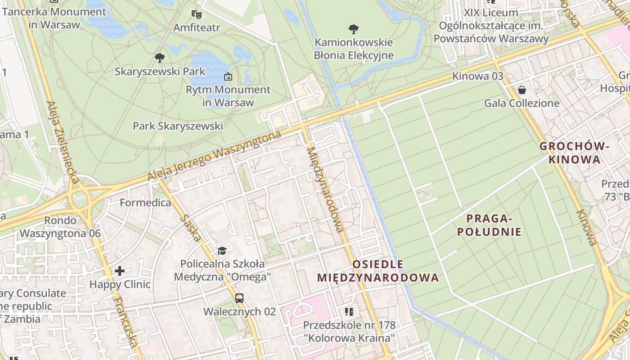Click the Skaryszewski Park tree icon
[x=159, y=58]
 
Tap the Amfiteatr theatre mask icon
[x=196, y=14]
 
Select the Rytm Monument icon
[x=228, y=76]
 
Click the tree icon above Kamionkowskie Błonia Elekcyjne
[x=354, y=29]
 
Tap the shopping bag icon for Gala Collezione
[x=522, y=90]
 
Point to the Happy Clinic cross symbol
[x=120, y=271]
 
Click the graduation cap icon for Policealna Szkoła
[x=222, y=250]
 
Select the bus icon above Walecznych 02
[x=239, y=298]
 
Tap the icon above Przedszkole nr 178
[x=349, y=311]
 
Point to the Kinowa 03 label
[x=478, y=76]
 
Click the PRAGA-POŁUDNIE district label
[x=489, y=225]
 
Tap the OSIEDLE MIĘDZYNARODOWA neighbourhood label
[x=378, y=271]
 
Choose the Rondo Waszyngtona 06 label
[x=60, y=227]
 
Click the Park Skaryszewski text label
[x=178, y=126]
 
